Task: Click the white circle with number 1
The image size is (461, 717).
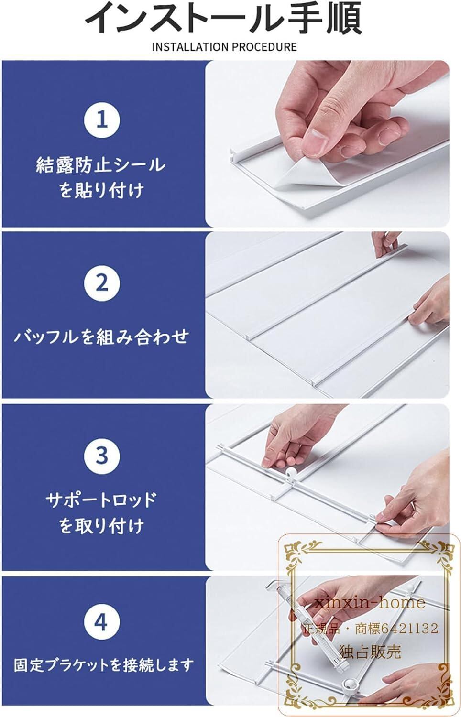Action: [x=102, y=119]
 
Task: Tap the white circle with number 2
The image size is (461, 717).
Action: [x=102, y=283]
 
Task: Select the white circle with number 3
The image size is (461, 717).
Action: [x=102, y=456]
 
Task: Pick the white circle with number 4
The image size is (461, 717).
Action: [x=102, y=622]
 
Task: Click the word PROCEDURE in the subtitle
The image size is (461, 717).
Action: [x=265, y=47]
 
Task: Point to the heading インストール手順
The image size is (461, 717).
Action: [x=224, y=19]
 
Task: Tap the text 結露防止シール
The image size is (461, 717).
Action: [x=101, y=165]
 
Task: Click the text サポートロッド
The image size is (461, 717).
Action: [x=101, y=500]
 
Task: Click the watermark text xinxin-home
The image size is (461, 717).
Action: [x=370, y=603]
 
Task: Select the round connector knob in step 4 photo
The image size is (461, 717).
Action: [x=349, y=684]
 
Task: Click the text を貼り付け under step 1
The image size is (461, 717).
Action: [x=101, y=191]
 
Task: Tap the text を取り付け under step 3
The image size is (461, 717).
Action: [x=101, y=526]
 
